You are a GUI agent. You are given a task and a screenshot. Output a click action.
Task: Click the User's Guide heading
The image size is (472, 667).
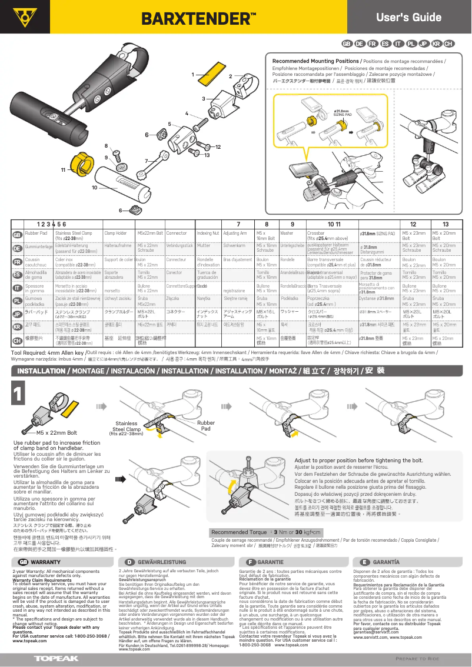[x=417, y=17]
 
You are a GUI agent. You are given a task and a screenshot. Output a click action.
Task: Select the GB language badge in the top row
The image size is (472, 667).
[x=347, y=44]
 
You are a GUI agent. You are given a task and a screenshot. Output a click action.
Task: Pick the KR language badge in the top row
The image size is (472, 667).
[x=436, y=44]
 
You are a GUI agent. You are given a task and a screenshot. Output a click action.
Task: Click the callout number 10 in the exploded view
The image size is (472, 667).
[x=94, y=187]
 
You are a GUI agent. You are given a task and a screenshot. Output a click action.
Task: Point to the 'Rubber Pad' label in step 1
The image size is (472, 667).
[x=206, y=426]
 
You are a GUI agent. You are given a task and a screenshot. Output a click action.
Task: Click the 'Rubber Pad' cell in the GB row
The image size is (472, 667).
[x=36, y=234]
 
